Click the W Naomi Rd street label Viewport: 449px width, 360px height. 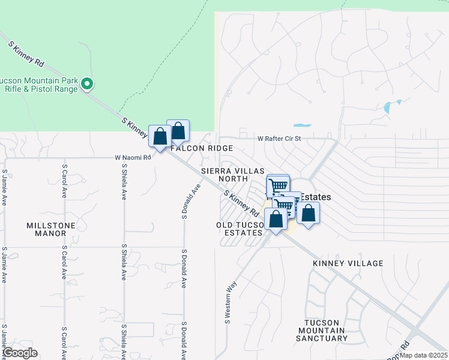point(133,157)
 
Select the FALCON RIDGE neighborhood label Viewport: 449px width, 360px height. point(202,148)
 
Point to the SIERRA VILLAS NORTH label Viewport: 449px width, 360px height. point(234,175)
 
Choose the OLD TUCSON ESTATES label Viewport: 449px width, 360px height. point(240,229)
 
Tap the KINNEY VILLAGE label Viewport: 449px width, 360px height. point(348,263)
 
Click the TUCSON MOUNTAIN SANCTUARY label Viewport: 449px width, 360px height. point(327,330)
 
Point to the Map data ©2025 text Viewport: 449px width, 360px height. point(423,355)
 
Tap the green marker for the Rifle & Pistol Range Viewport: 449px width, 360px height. point(87,83)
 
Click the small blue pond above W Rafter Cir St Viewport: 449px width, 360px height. point(302,125)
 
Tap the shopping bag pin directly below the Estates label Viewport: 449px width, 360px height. point(308,213)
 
